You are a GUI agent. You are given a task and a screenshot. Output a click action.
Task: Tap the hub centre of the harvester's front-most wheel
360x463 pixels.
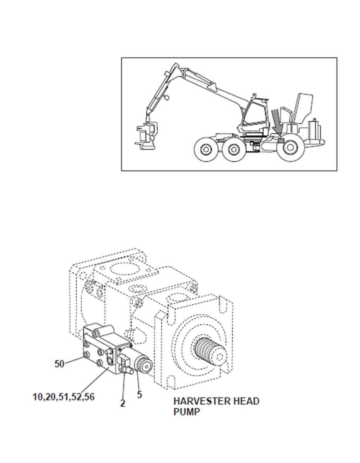(205, 149)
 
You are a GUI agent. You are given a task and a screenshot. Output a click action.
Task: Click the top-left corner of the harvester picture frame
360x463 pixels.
(121, 58)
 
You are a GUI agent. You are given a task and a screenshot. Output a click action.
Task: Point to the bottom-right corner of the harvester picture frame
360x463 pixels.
(337, 171)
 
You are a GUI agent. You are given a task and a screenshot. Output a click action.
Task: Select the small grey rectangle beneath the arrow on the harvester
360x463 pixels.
(281, 140)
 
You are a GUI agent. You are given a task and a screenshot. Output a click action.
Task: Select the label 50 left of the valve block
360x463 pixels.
(59, 364)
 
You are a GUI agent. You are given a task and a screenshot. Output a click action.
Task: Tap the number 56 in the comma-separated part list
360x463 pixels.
(89, 397)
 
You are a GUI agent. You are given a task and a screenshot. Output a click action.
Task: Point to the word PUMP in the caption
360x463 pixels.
(186, 412)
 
